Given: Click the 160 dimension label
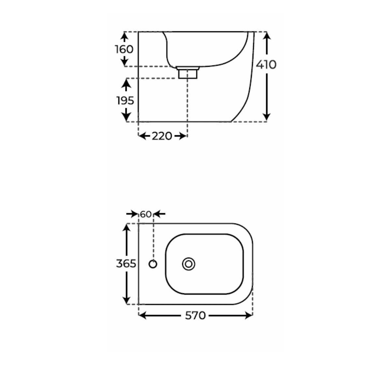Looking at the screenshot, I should (x=124, y=49).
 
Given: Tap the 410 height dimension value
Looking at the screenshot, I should (x=266, y=65).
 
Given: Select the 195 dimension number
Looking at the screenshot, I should (x=125, y=100).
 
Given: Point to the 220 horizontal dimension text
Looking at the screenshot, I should (x=162, y=136).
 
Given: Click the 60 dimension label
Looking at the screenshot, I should (x=146, y=214).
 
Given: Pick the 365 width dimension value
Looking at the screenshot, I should (x=126, y=263).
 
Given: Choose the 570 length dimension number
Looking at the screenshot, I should (x=195, y=315).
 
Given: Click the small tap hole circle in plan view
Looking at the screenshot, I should (x=153, y=264).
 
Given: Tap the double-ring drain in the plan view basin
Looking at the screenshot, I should (x=189, y=264).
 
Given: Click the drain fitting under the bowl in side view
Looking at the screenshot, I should (x=188, y=72).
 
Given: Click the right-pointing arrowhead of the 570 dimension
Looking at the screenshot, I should (x=249, y=315).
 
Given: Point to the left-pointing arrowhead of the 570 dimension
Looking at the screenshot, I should (x=143, y=315).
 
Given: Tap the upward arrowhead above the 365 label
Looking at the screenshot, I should (x=126, y=227).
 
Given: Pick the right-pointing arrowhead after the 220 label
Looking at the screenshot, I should (x=183, y=136).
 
